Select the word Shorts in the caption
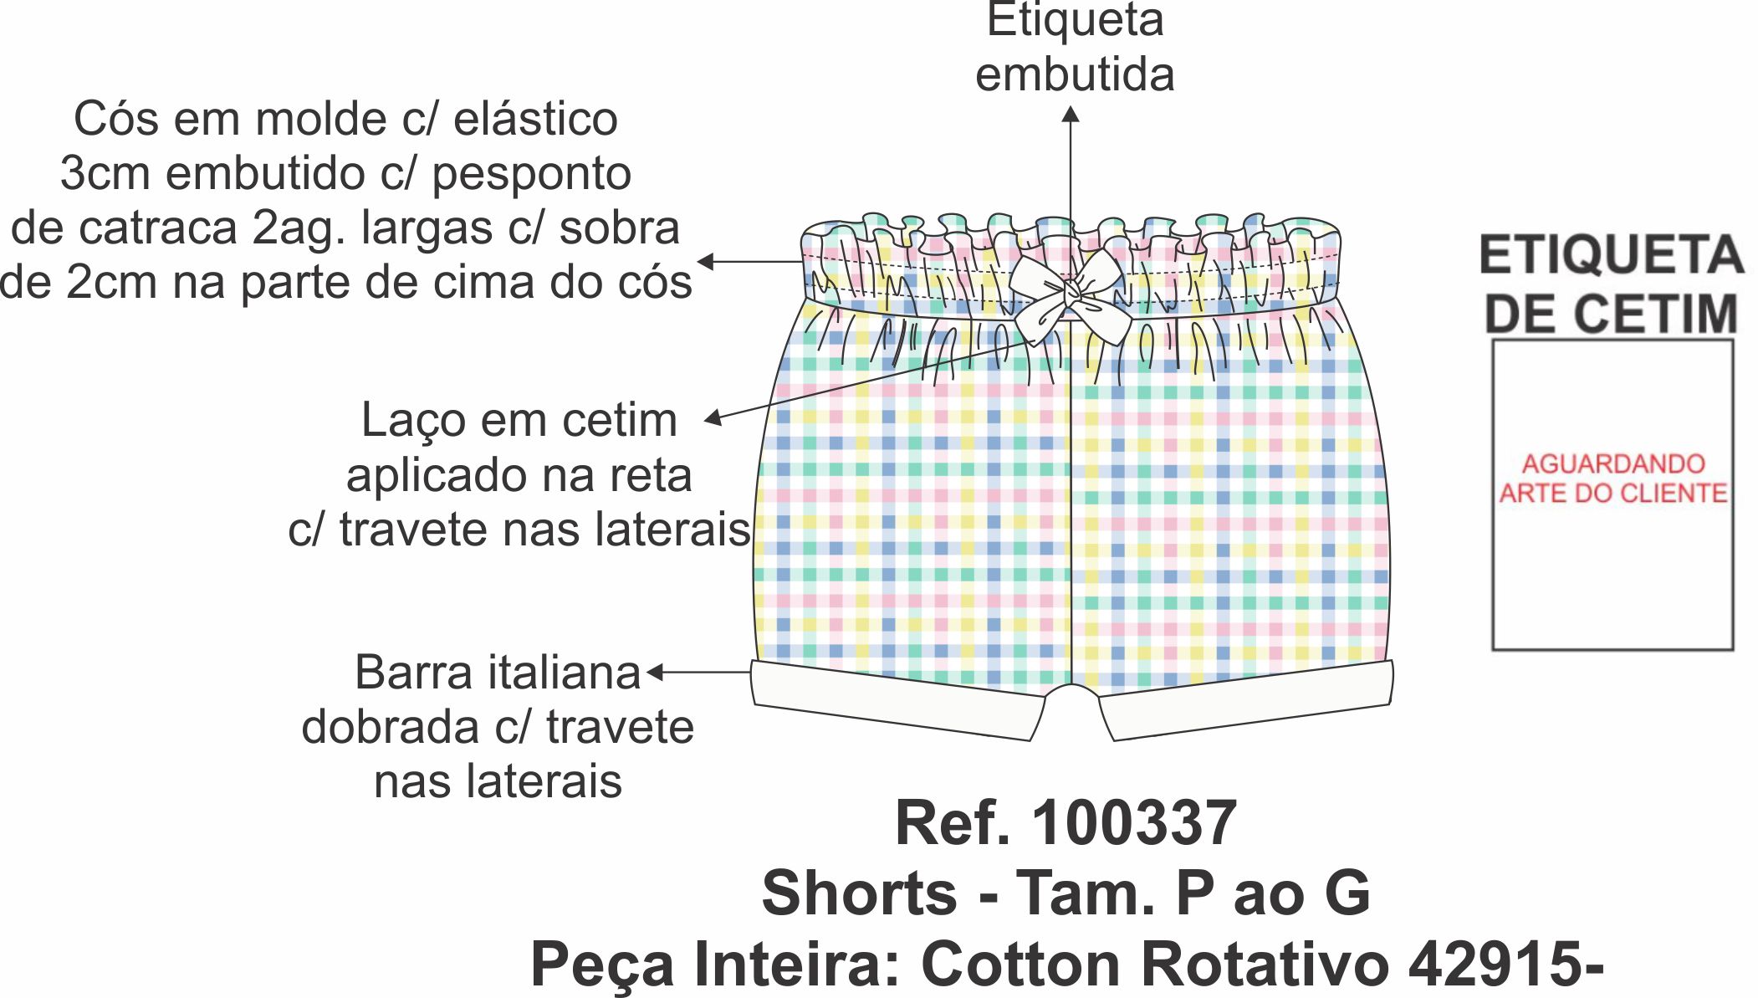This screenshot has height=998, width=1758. click(x=859, y=893)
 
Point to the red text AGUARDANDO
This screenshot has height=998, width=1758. click(x=1612, y=463)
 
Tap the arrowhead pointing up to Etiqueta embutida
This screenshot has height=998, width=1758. click(x=1071, y=115)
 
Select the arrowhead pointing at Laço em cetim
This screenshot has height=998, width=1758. click(x=713, y=418)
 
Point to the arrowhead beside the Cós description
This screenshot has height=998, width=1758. click(x=705, y=262)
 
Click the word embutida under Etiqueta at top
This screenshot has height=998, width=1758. click(x=1075, y=74)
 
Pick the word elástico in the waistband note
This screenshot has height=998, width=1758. click(x=535, y=119)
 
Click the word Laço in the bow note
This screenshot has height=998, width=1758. click(x=413, y=420)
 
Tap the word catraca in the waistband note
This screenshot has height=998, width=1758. click(x=161, y=228)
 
